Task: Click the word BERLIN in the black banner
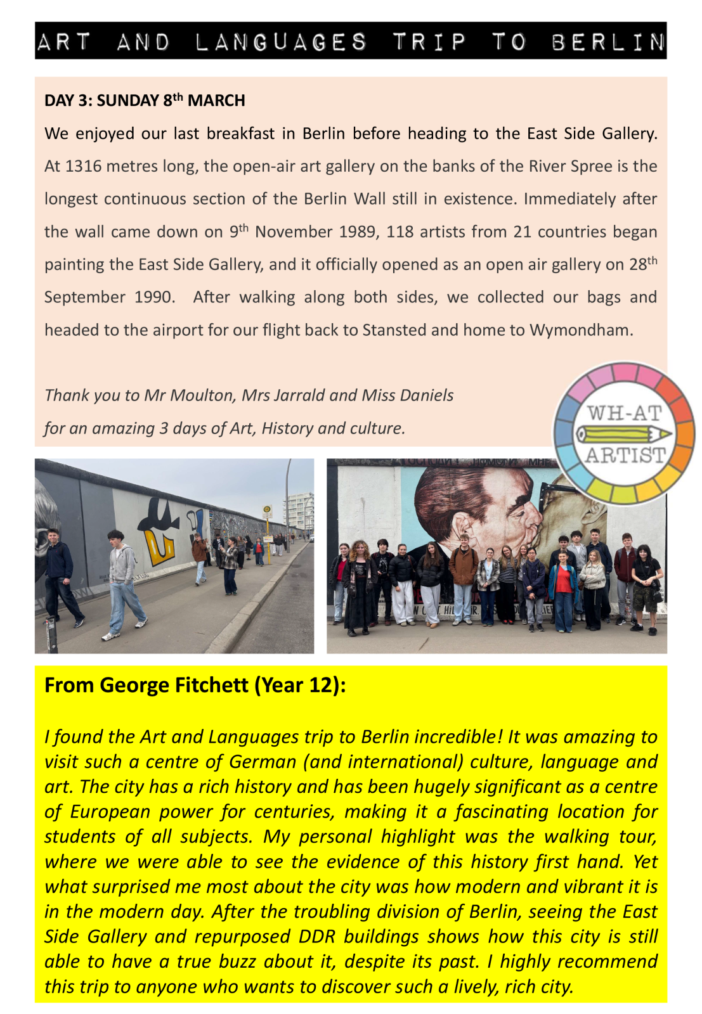click(x=608, y=42)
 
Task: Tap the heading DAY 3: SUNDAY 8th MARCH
click(x=145, y=101)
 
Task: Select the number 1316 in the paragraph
click(x=83, y=167)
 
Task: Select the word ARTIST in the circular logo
click(x=625, y=455)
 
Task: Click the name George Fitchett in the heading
click(x=174, y=686)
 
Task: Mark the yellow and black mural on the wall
click(x=159, y=532)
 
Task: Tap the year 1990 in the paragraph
click(x=154, y=298)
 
